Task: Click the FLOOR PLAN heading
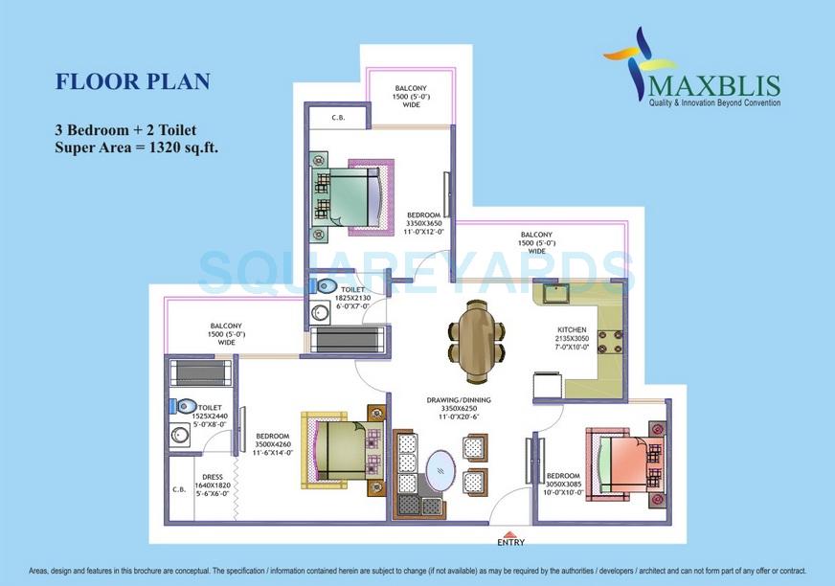tap(132, 81)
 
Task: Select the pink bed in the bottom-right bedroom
tap(626, 462)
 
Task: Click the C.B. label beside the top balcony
tap(338, 119)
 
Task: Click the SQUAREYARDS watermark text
tap(417, 271)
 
